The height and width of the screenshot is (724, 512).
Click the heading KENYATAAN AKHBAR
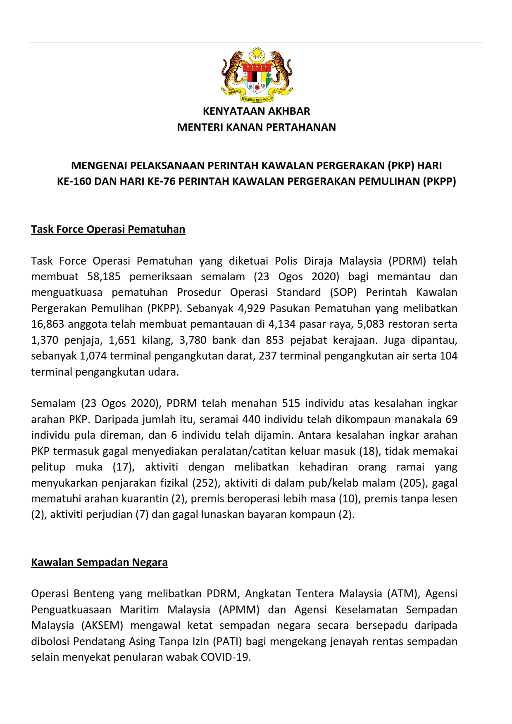click(256, 111)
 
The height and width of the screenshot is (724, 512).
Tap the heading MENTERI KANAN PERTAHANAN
click(256, 127)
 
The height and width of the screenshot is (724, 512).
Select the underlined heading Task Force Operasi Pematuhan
click(108, 230)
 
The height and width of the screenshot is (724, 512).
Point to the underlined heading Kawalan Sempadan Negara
click(99, 563)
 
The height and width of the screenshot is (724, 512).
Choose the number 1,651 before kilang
click(123, 340)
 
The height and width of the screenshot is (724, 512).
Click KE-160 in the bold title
click(74, 182)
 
